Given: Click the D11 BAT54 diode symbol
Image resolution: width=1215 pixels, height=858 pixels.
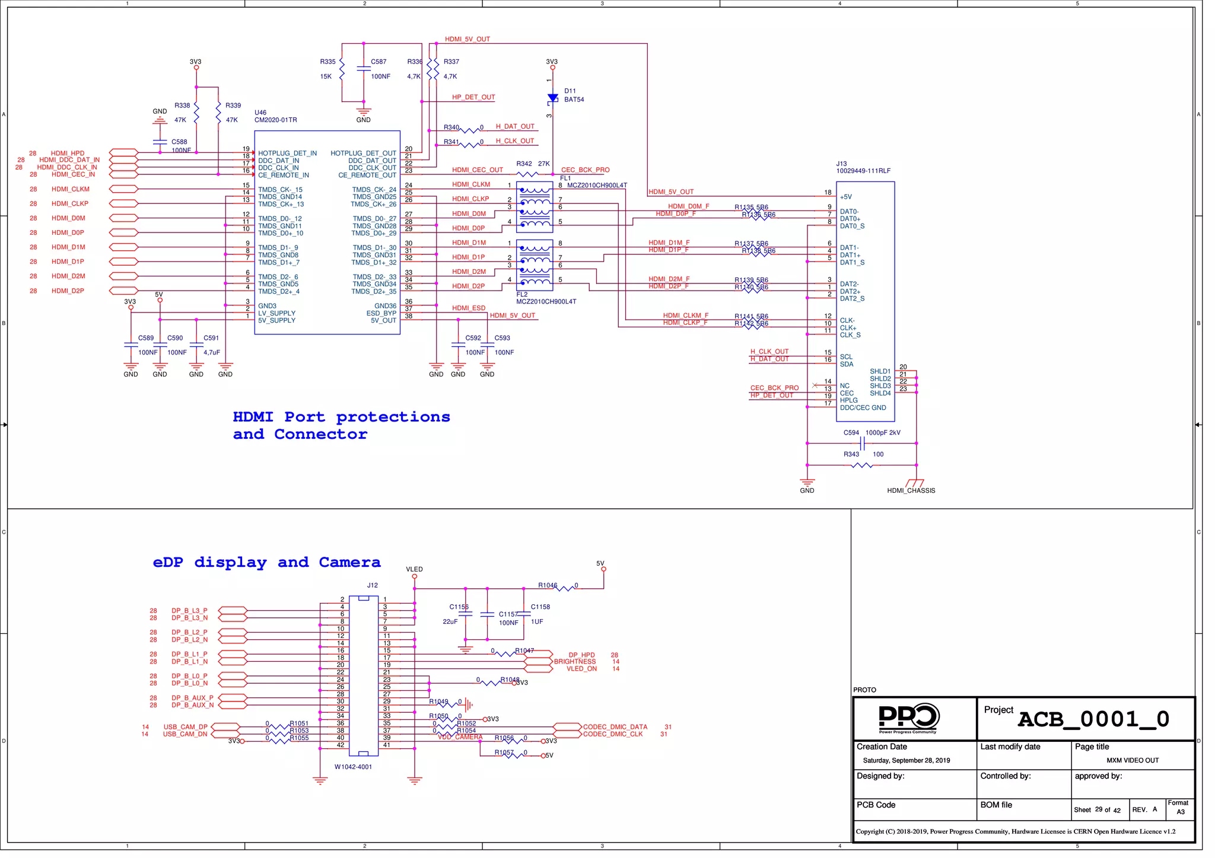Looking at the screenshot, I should pos(552,98).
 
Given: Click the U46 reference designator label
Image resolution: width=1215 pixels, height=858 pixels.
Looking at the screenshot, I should pos(260,113).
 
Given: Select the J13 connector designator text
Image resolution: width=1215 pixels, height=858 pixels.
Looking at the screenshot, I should pos(841,164).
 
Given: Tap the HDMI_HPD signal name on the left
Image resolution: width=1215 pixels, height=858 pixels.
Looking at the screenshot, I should pos(68,153).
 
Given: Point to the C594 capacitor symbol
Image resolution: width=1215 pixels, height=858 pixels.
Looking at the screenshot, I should pos(862,443).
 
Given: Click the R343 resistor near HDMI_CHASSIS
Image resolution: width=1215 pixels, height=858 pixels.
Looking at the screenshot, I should pos(861,465).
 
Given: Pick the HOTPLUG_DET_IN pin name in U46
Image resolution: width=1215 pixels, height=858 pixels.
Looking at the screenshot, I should pos(287,154).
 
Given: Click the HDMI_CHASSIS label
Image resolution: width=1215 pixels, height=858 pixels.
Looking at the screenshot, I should pos(911,490).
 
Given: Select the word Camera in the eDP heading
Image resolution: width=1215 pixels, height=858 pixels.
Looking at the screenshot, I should pos(349,562).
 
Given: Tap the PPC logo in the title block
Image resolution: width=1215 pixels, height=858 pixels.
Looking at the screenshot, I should pos(908,717).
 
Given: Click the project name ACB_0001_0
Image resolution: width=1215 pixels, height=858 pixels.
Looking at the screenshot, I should pos(1093,719).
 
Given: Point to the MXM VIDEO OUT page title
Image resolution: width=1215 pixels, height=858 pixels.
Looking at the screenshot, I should pos(1132,760).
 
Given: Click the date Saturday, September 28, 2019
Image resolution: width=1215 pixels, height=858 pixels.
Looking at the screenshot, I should pos(906,760).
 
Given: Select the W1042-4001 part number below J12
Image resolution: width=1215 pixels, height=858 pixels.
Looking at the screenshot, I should pos(353,767).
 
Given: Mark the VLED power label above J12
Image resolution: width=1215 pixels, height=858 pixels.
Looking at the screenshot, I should pos(414,569).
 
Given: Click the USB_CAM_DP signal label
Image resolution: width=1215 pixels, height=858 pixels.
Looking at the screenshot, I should pos(186,727).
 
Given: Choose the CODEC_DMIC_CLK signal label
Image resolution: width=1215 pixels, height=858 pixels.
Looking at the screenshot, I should pos(612,734).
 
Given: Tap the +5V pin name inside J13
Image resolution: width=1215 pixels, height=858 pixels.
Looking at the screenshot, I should pos(845,197).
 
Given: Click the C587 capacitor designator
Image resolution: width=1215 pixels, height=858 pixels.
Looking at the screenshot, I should pos(379,62).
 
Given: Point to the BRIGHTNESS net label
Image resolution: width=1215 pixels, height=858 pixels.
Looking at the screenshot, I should pos(574,662).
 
